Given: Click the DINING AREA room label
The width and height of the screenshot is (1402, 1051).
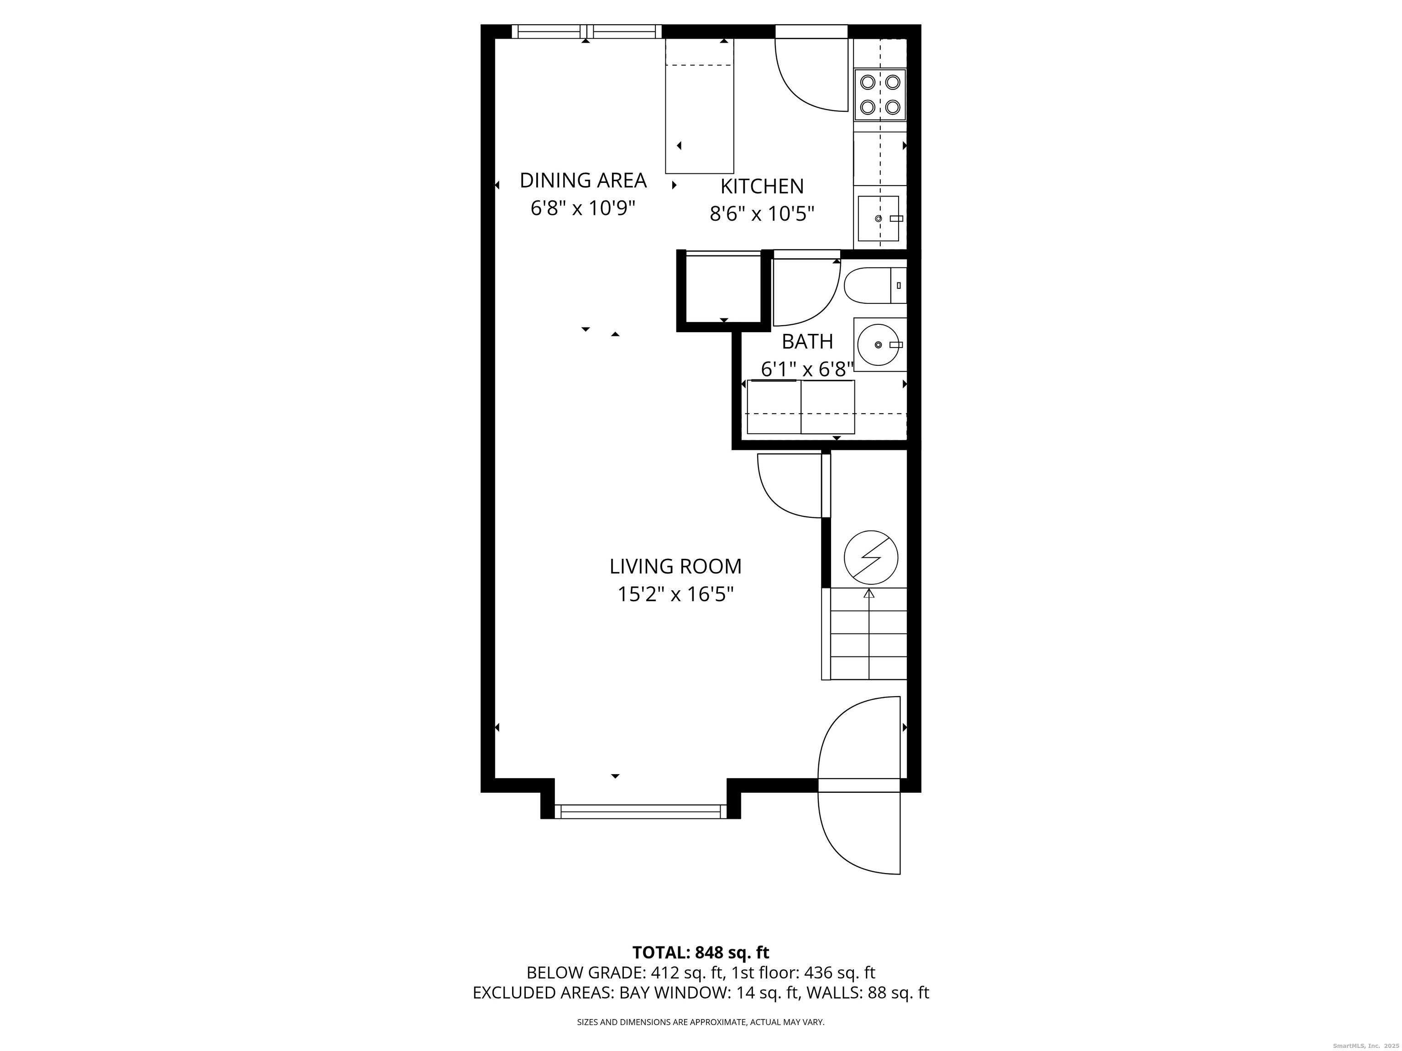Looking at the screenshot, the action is click(583, 181).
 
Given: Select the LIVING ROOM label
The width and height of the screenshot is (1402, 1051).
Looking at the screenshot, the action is click(675, 567).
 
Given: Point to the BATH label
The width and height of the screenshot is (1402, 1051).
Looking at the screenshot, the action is click(807, 342).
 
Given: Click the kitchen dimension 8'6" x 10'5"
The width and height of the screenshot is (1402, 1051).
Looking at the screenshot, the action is click(762, 214).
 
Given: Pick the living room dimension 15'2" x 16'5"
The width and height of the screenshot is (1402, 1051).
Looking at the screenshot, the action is click(675, 594).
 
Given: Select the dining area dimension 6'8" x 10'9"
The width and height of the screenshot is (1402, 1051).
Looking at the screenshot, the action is click(583, 208).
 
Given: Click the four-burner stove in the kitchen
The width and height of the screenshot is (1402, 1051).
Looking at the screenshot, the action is click(880, 95).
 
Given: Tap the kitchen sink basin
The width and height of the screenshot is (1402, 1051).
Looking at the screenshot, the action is click(879, 219).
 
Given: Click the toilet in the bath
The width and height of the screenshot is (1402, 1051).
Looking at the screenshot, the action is click(875, 286).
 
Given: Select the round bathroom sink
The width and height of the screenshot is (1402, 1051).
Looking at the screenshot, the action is click(879, 345).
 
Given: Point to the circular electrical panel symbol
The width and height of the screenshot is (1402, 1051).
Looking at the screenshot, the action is click(871, 557).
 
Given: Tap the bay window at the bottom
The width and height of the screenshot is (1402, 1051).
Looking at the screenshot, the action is click(641, 812).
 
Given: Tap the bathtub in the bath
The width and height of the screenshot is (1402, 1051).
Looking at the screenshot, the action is click(801, 407).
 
